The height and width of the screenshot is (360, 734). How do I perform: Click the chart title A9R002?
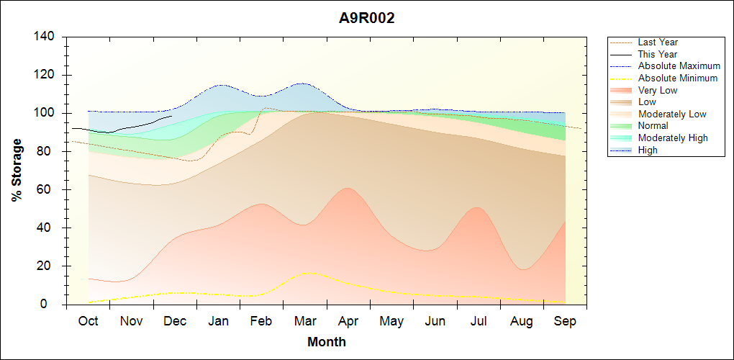pos(367,19)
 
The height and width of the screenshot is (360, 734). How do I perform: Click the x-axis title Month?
pos(326,342)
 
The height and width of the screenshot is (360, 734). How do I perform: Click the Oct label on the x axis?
pos(88,321)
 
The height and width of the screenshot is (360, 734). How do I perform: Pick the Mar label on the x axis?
pos(304,321)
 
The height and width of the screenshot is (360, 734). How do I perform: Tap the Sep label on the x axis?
pos(565,321)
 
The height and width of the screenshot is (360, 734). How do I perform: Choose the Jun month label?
pos(435,321)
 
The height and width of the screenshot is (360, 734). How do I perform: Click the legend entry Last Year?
pos(658,42)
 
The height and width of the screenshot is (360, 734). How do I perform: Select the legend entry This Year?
pos(658,54)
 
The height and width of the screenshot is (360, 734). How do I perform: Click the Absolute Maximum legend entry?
pos(679,66)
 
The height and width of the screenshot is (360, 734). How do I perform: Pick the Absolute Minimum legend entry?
pos(677,78)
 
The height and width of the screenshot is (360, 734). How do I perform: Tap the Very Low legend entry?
pos(658,90)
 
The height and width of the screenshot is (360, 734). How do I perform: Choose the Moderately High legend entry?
pos(673,138)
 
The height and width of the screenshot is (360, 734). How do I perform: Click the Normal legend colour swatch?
pos(621,126)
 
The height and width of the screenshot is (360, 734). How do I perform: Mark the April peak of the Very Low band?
pos(348,188)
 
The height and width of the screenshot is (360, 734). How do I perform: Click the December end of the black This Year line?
pos(171,116)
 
